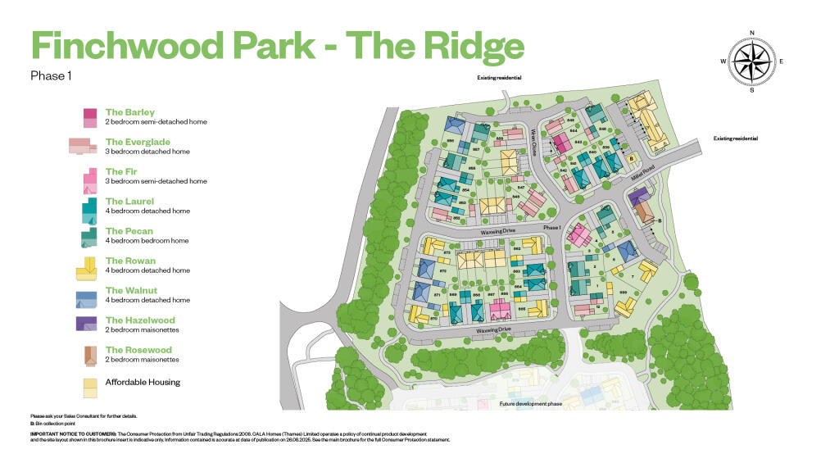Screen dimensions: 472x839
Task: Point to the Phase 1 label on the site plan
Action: pyautogui.click(x=551, y=227)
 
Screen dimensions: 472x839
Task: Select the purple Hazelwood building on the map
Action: pyautogui.click(x=637, y=196)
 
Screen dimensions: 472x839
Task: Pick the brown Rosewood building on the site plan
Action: pyautogui.click(x=644, y=212)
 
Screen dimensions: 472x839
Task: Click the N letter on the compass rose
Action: pyautogui.click(x=751, y=34)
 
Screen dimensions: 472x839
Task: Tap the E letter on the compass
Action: pyautogui.click(x=782, y=61)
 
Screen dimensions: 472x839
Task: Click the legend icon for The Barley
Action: pyautogui.click(x=89, y=116)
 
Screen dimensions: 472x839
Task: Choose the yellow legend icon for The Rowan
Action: pyautogui.click(x=87, y=266)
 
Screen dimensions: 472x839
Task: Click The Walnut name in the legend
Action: pyautogui.click(x=131, y=290)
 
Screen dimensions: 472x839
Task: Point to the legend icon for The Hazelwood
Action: pyautogui.click(x=86, y=324)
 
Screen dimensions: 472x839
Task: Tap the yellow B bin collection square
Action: pyautogui.click(x=630, y=158)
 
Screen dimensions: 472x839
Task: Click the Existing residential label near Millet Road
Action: pyautogui.click(x=735, y=138)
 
